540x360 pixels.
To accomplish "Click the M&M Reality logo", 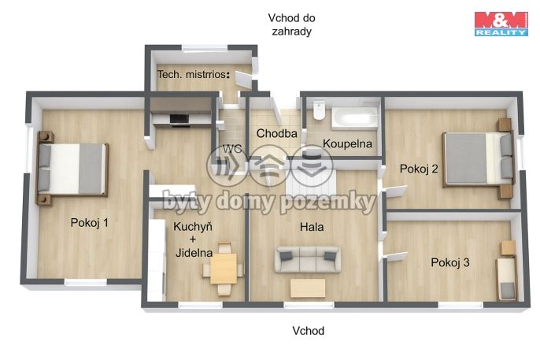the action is [501, 24].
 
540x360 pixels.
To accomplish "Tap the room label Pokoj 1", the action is [89, 223].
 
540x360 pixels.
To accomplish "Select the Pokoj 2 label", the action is [419, 169].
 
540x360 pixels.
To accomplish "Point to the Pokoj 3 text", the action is [450, 262].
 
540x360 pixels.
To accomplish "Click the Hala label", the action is [312, 227].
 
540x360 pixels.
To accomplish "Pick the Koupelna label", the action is [347, 143].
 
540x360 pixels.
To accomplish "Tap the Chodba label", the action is [276, 133].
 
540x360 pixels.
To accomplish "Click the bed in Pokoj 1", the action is [72, 169].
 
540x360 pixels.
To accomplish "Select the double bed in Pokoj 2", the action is [479, 159].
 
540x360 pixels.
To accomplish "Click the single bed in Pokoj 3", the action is [506, 279].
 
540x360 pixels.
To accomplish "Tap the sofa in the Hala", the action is [308, 259].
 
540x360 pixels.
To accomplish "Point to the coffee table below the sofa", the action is [308, 288].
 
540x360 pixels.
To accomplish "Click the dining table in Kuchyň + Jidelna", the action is [224, 269].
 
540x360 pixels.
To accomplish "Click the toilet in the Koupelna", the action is [319, 110].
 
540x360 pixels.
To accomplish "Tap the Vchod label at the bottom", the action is [309, 331].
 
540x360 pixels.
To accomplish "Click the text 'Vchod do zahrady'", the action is [292, 24].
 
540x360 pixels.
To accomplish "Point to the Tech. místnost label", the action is [194, 74].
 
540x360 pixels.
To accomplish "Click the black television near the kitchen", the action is [179, 119].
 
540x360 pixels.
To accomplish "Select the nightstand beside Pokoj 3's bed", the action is [508, 247].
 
